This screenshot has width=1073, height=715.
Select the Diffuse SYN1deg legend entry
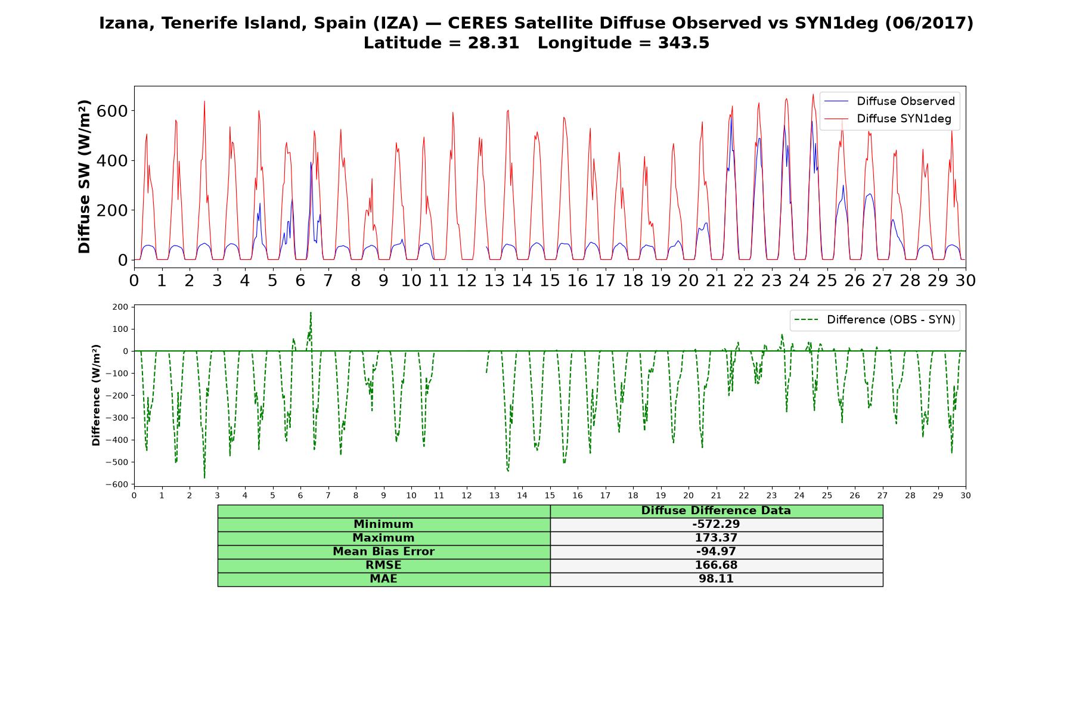888,119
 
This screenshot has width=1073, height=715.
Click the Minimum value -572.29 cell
716,524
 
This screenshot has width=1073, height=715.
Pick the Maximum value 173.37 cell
716,538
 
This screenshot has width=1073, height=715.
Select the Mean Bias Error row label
383,552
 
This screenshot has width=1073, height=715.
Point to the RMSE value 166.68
716,565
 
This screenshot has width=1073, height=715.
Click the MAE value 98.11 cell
716,579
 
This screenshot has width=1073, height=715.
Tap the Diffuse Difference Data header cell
716,511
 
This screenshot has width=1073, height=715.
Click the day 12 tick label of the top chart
467,280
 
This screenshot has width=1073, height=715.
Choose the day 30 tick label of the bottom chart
966,495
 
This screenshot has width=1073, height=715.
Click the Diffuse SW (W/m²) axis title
85,176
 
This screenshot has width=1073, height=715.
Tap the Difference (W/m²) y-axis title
96,395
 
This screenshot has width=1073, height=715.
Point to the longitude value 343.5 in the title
684,43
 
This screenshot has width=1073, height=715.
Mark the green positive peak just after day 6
311,313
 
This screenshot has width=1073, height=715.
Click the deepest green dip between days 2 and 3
204,477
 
